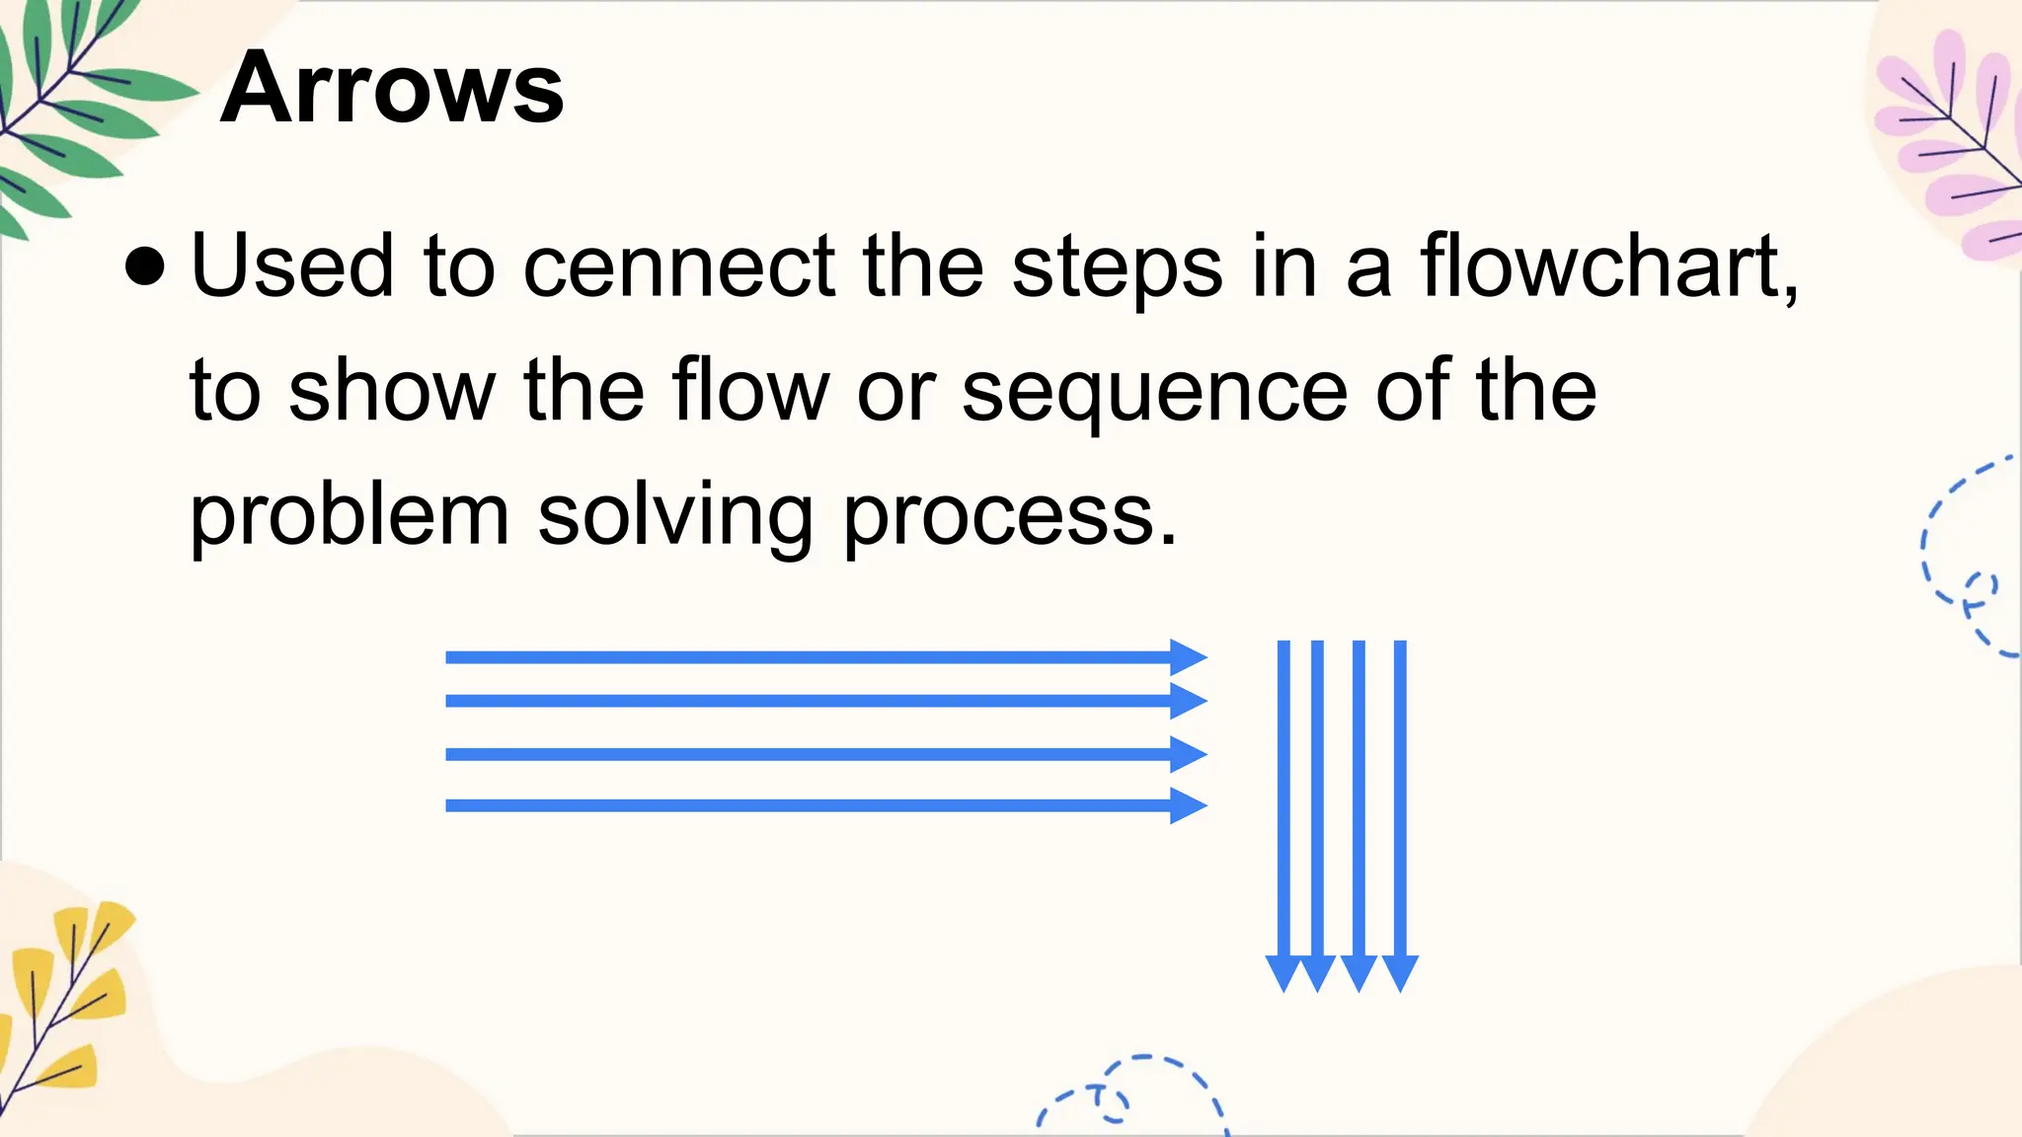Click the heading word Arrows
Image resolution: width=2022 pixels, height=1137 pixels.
point(392,89)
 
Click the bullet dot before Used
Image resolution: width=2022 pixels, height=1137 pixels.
point(145,266)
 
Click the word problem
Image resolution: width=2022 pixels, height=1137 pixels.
point(350,515)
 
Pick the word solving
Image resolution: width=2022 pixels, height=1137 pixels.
point(675,515)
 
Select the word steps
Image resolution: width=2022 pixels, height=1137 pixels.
point(1118,268)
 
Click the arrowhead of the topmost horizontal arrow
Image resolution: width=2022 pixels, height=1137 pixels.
point(1189,657)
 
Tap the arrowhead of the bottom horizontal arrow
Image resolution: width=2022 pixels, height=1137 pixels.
point(1189,805)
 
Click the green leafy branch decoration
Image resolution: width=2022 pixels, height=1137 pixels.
point(69,109)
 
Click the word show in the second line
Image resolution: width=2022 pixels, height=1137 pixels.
point(391,391)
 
